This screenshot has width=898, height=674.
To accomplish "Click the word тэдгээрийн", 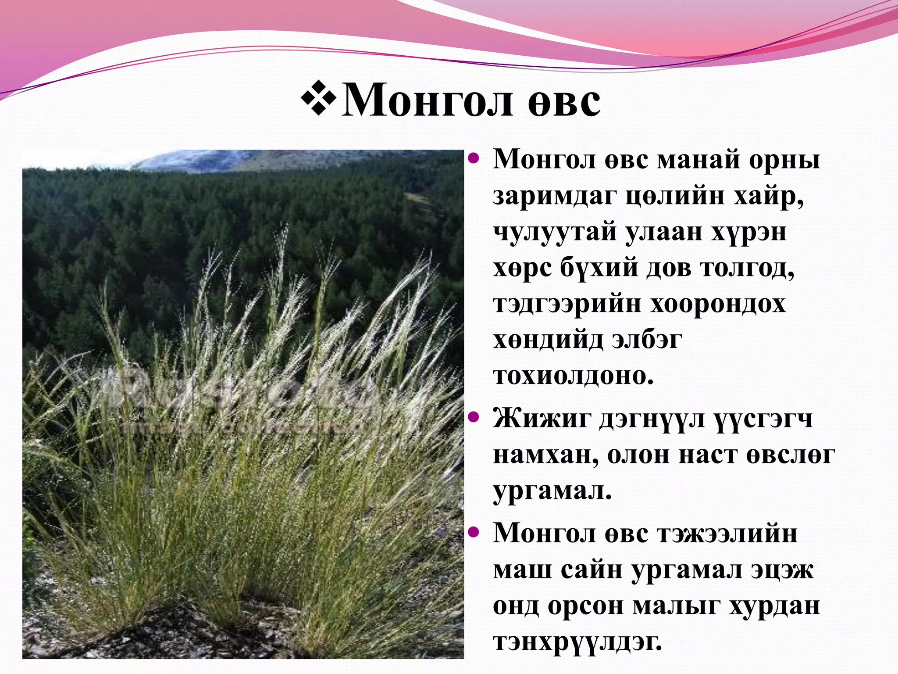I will click(x=567, y=304).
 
